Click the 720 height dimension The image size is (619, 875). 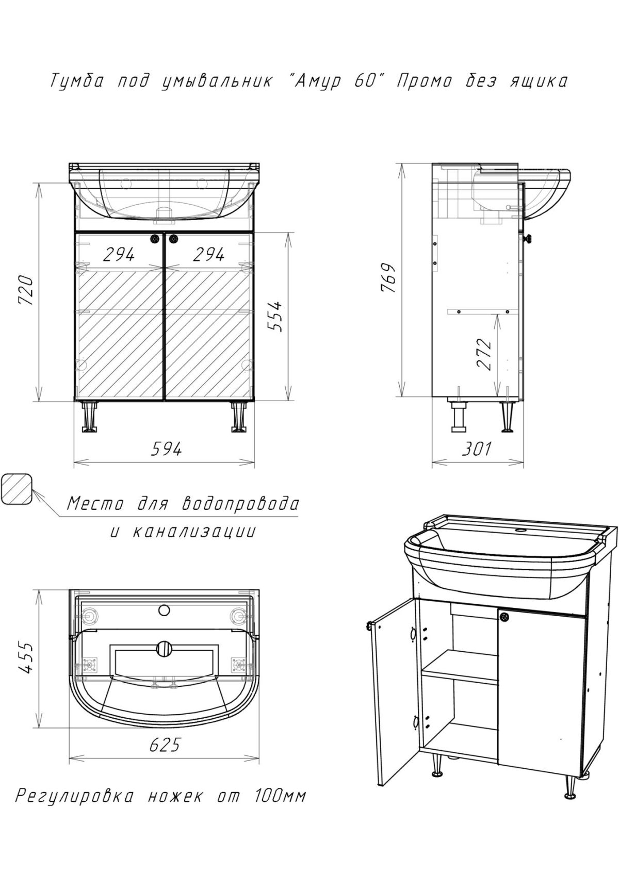coord(26,291)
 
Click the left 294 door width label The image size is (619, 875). coord(119,255)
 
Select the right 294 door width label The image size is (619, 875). coord(209,255)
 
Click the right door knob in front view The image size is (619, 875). coord(173,238)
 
